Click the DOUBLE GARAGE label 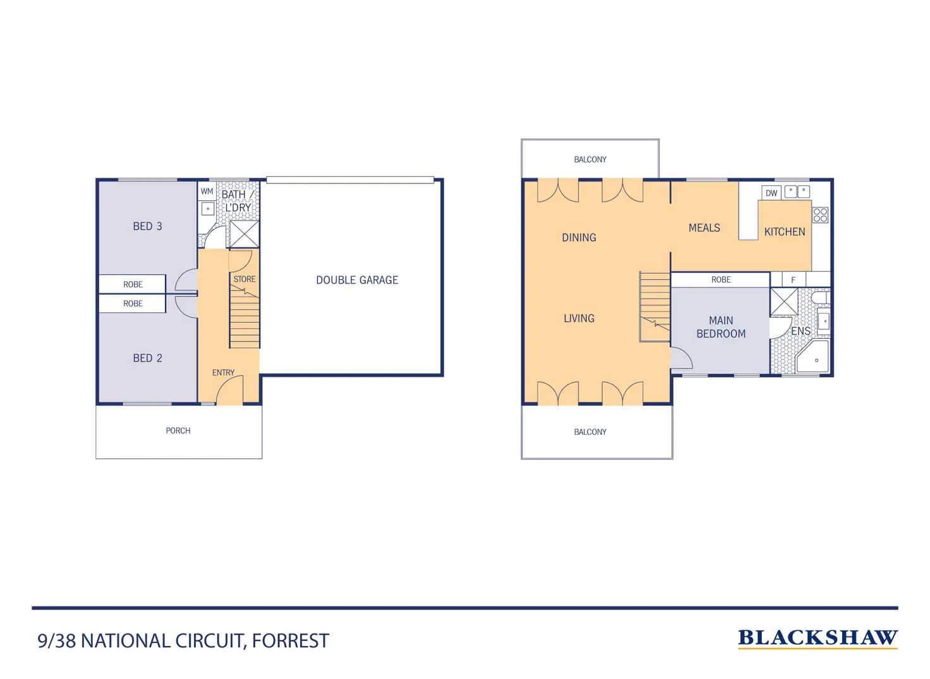(357, 280)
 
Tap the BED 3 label (147, 226)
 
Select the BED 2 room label (147, 358)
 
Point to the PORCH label (178, 431)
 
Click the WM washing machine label (207, 192)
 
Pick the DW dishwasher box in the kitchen (771, 193)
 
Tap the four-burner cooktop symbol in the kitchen (821, 215)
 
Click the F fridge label (793, 280)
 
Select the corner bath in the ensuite (812, 357)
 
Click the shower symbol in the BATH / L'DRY (245, 235)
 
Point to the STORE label (245, 279)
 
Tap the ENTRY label (224, 373)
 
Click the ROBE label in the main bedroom (721, 279)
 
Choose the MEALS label (704, 228)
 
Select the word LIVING (579, 318)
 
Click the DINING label (579, 238)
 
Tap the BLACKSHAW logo (818, 639)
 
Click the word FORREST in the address (291, 641)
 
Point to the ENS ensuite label (800, 331)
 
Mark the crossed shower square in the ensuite (784, 302)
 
